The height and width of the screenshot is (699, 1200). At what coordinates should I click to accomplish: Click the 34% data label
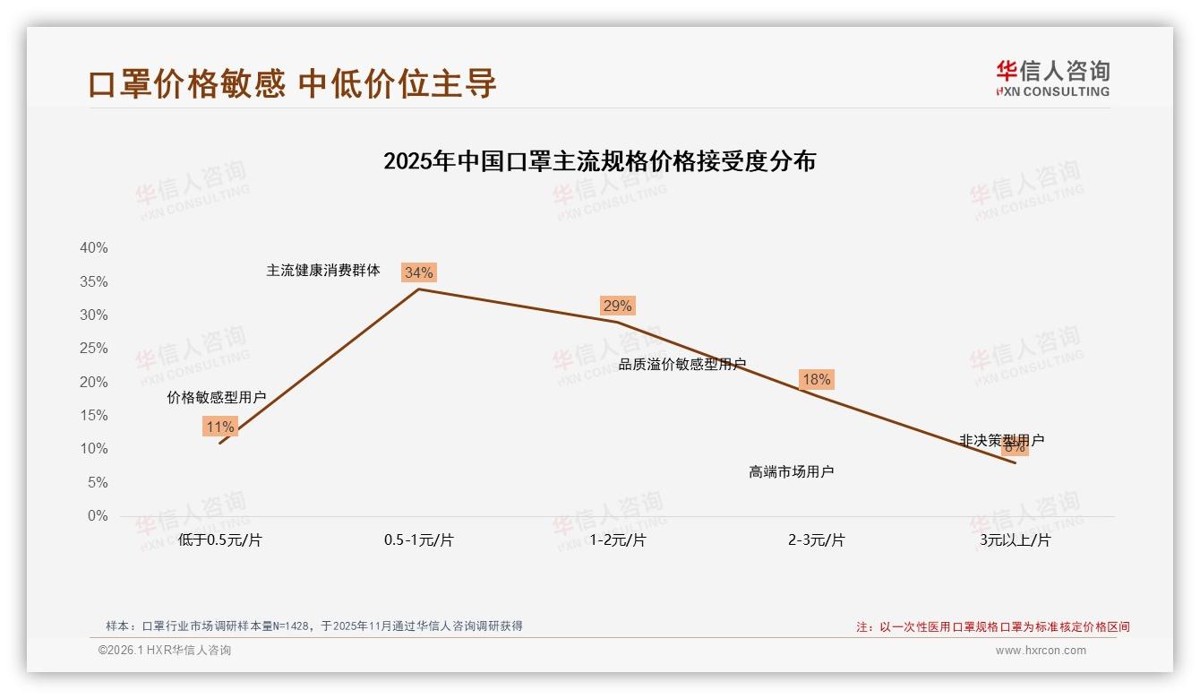[418, 272]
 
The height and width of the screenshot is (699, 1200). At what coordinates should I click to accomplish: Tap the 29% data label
[617, 306]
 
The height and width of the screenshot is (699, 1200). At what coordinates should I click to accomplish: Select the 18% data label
[816, 379]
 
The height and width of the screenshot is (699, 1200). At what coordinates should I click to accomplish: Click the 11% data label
[219, 427]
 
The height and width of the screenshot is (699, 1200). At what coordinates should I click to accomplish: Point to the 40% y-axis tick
[93, 248]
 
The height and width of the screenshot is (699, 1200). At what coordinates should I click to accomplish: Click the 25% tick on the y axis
[93, 349]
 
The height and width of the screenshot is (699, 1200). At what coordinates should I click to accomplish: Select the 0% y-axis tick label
[97, 516]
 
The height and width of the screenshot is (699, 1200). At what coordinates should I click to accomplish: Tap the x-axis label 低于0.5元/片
[219, 540]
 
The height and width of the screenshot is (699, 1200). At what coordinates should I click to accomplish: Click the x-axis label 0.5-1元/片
[418, 540]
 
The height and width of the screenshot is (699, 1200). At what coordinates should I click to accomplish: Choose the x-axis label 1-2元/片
[617, 540]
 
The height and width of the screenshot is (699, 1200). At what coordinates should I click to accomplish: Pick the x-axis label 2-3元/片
[816, 540]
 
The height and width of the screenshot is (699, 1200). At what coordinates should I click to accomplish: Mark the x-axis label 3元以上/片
[1015, 540]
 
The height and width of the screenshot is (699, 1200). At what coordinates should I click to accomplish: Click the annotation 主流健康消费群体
[323, 270]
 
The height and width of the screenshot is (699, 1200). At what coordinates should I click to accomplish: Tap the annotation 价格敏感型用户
[217, 397]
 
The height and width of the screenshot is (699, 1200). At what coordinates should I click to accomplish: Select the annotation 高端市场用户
[792, 471]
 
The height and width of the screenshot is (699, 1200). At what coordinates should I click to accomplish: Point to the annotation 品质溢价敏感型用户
[682, 364]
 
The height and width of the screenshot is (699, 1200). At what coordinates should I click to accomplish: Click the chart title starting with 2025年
[599, 161]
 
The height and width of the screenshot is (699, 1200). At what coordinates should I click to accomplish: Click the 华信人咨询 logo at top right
[1052, 78]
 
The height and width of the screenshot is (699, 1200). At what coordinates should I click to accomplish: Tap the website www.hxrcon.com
[1041, 651]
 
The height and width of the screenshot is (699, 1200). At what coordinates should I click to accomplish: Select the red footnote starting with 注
[993, 626]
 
